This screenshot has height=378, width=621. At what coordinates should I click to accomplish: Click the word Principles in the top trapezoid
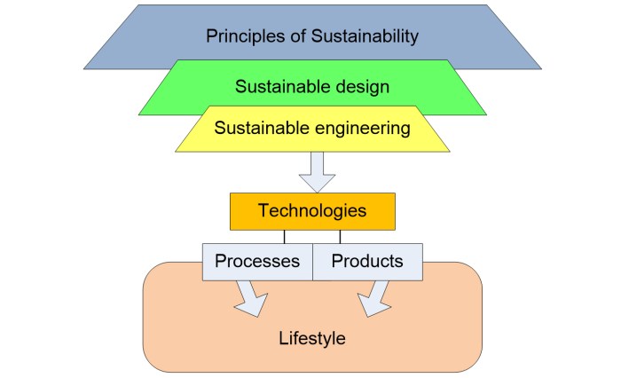(x=243, y=36)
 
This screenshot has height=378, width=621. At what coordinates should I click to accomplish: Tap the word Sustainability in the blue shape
(x=361, y=36)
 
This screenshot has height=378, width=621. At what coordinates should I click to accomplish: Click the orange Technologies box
(x=311, y=212)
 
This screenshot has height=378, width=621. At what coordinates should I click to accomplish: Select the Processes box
(x=257, y=262)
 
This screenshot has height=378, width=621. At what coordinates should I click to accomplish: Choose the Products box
(x=367, y=262)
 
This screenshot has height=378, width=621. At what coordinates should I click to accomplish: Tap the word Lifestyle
(x=311, y=339)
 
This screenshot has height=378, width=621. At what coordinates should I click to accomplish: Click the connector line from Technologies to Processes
(x=284, y=236)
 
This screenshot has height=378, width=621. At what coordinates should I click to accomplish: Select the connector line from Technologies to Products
(x=340, y=236)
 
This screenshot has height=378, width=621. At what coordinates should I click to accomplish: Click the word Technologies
(x=311, y=211)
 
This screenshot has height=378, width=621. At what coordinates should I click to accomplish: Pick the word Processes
(x=257, y=262)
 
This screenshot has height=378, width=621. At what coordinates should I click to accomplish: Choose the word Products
(x=367, y=262)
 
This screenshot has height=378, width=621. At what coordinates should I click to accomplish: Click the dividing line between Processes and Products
(x=312, y=262)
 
